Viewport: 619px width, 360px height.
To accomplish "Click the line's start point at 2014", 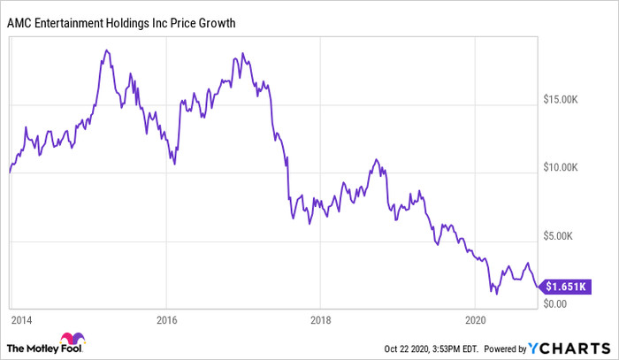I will [x=9, y=172].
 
